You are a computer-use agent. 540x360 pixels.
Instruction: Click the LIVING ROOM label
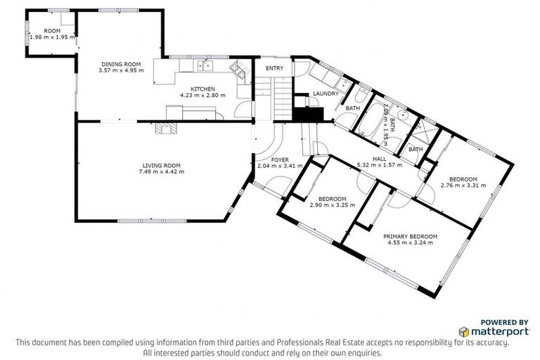click(x=162, y=165)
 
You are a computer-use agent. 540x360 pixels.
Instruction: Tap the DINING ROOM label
click(x=121, y=64)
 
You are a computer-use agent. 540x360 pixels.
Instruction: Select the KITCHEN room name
click(x=202, y=89)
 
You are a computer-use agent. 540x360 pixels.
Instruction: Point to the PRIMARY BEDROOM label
click(x=410, y=237)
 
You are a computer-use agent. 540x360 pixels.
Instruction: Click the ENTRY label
click(x=274, y=68)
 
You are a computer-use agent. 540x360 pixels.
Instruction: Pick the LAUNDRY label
click(x=326, y=94)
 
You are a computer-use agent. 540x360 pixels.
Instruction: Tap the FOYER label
click(x=280, y=160)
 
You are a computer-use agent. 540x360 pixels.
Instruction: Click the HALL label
click(x=380, y=159)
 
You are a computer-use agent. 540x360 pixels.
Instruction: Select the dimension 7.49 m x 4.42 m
click(x=162, y=172)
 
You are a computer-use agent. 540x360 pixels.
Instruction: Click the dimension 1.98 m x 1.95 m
click(x=52, y=37)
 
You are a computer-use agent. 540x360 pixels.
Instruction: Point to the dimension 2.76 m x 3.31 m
click(x=463, y=186)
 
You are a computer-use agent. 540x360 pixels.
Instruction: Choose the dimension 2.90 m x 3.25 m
click(x=333, y=205)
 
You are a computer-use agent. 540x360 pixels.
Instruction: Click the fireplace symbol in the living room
click(x=166, y=128)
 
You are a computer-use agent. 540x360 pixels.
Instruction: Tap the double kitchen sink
click(x=205, y=65)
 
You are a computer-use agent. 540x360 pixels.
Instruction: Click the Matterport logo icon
click(x=464, y=332)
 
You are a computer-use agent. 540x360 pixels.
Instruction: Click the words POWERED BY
click(x=504, y=323)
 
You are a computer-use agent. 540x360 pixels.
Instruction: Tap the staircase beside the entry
click(x=274, y=98)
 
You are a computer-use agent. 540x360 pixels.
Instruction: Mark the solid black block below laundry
click(x=308, y=114)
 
